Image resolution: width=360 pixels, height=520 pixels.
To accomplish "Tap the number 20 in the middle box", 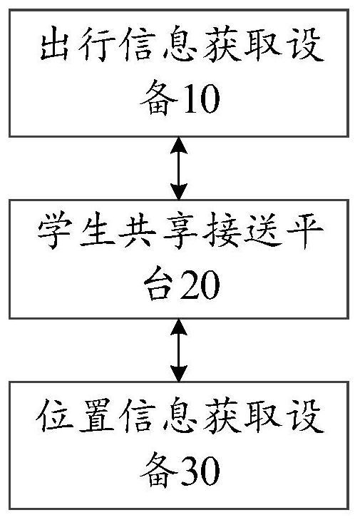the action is [201, 284].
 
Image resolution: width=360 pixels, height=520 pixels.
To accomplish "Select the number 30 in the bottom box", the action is [201, 470].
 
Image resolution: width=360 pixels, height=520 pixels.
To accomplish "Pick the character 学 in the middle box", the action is [55, 230].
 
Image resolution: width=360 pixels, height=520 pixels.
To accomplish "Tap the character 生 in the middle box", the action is [96, 230].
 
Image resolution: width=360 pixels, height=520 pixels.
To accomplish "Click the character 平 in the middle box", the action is [305, 230].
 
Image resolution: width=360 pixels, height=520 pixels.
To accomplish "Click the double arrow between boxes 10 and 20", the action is [179, 168].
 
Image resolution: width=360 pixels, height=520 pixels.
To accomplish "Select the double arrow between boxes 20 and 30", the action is [179, 350].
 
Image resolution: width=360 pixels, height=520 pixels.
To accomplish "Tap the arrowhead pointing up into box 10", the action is [179, 146].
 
